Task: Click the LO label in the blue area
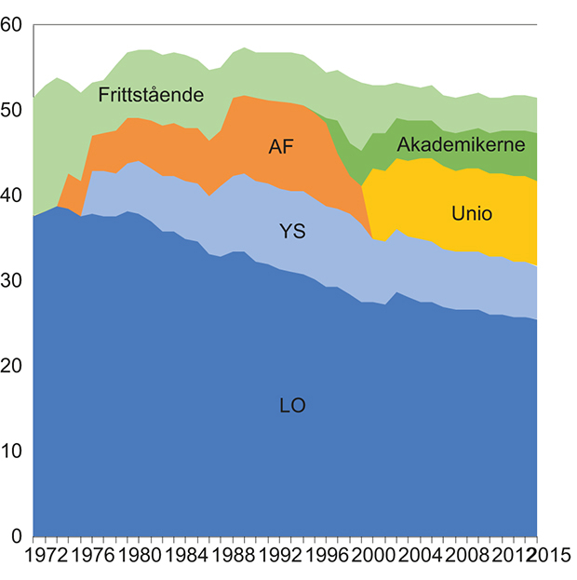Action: [x=292, y=406]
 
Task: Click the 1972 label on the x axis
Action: [x=42, y=557]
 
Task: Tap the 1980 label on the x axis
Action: [x=136, y=557]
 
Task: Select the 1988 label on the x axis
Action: [x=230, y=557]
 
